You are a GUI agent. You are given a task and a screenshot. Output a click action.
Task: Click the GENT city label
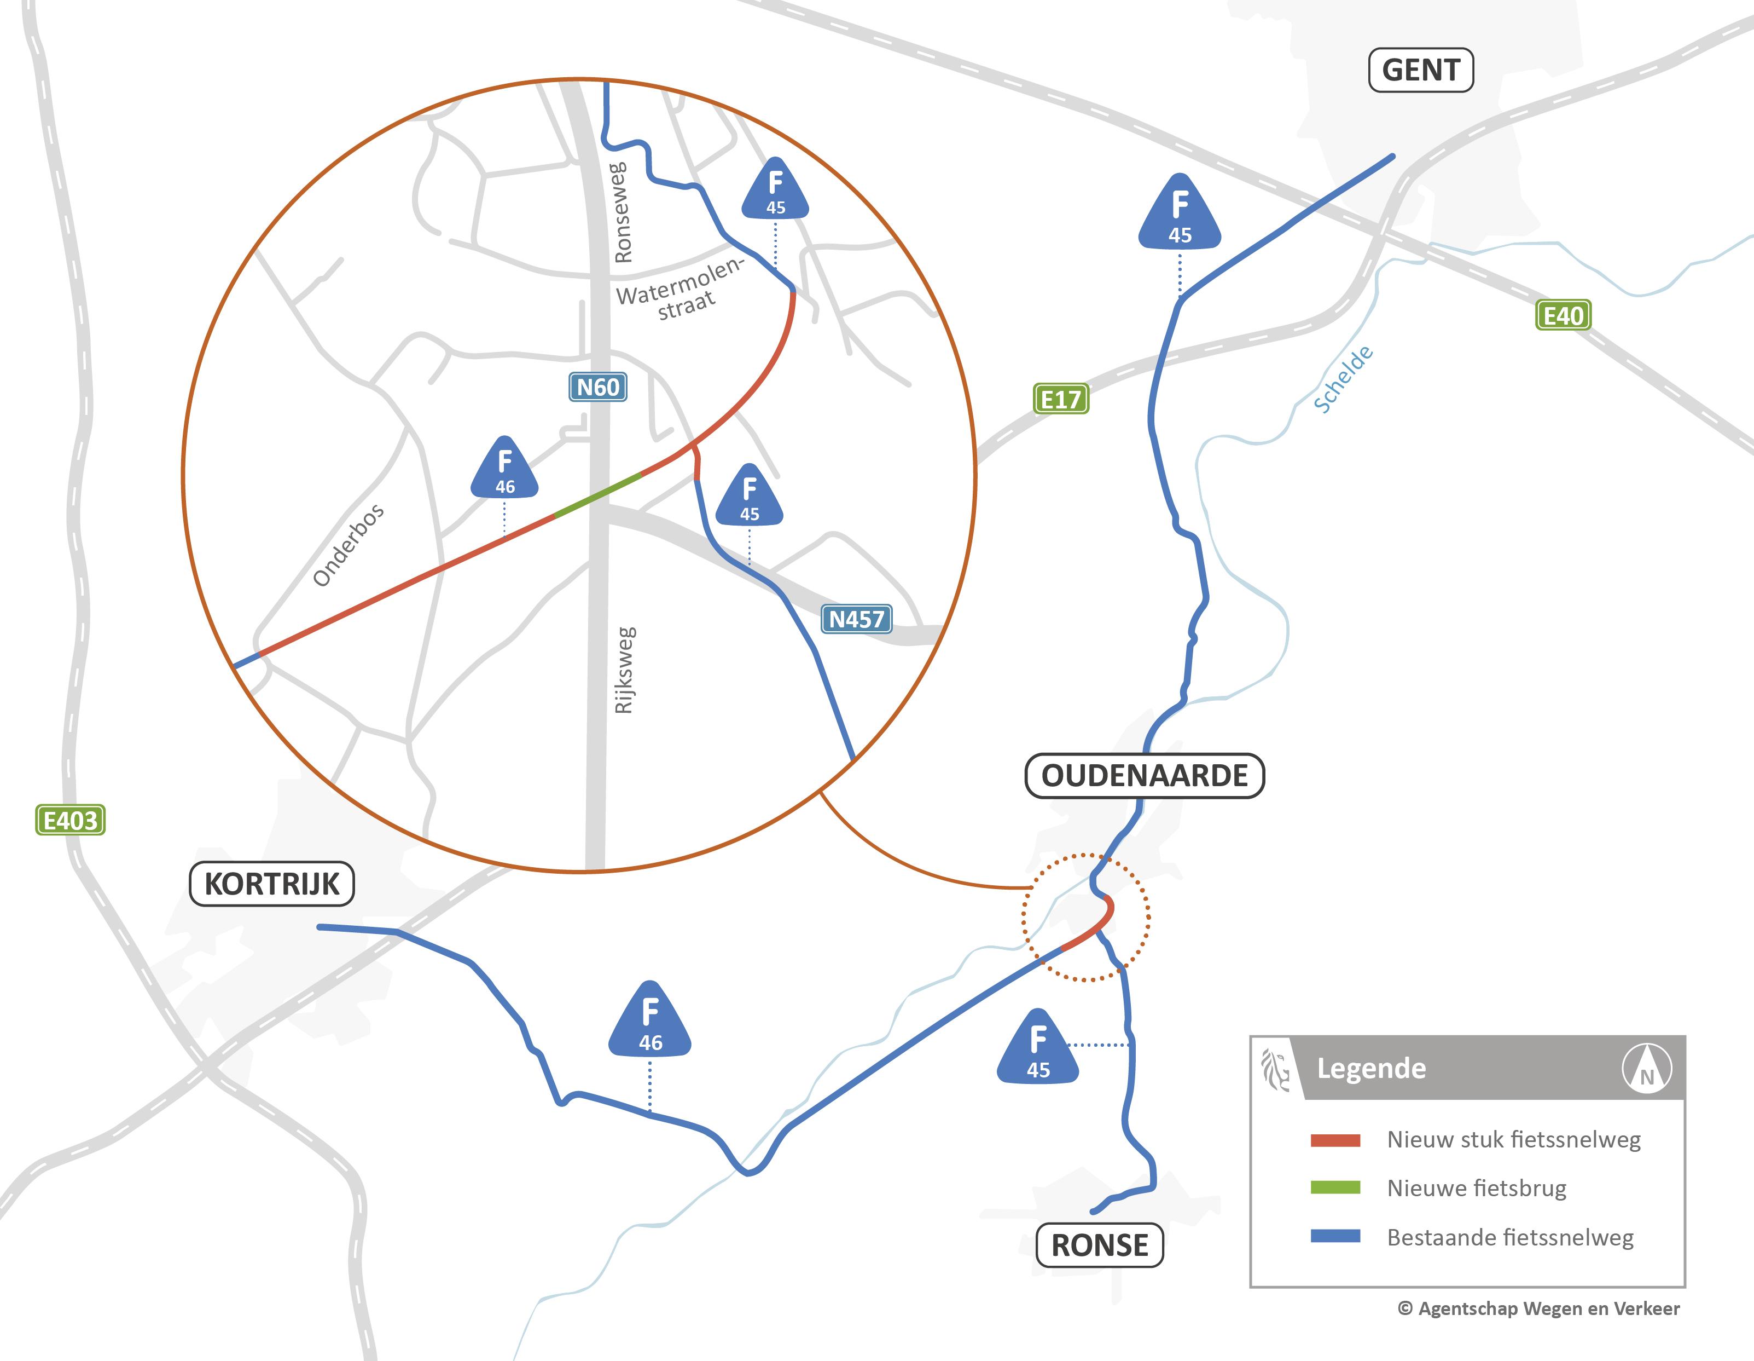[1420, 71]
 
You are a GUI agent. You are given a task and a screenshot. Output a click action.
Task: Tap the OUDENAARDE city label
[1145, 776]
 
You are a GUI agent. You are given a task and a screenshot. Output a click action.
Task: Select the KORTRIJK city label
[271, 884]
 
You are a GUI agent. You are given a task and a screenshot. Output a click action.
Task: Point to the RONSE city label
[1100, 1245]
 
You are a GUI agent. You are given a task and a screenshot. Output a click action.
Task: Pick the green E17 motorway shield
[1060, 399]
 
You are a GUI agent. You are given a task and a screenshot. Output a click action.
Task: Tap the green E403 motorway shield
[70, 820]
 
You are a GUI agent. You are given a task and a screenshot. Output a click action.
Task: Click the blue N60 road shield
[597, 387]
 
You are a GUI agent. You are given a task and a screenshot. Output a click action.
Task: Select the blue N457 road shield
[856, 619]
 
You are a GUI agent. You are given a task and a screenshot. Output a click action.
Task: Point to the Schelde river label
[1343, 379]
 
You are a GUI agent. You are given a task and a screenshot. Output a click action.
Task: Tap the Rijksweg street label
[625, 670]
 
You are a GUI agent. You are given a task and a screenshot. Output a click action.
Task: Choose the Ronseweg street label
[622, 213]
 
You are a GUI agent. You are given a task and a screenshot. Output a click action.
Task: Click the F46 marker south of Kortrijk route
[650, 1020]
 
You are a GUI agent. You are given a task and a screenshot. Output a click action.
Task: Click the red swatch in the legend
[1335, 1140]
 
